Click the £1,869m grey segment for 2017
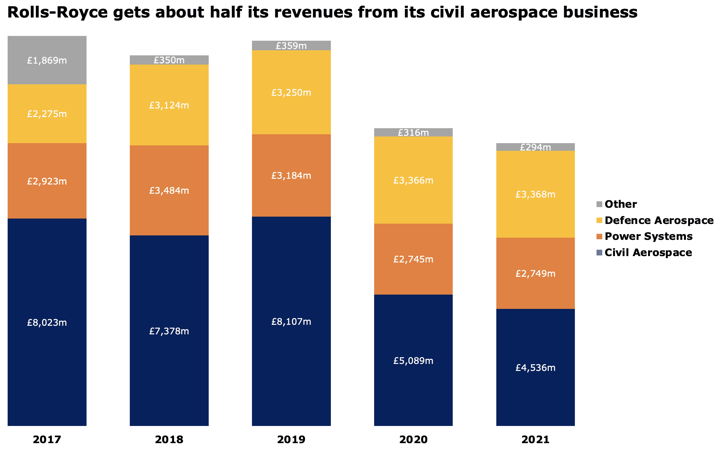(x=47, y=60)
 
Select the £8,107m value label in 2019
(x=291, y=322)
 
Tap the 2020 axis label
(x=413, y=440)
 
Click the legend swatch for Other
(x=599, y=204)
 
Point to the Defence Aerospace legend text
(x=659, y=220)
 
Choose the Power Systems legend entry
(x=648, y=236)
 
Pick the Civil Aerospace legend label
(x=648, y=253)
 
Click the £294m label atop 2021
(x=535, y=147)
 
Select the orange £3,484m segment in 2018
(x=169, y=191)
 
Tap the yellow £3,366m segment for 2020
(x=413, y=180)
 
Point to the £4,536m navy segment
(x=535, y=367)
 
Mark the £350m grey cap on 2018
(x=169, y=60)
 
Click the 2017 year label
(x=47, y=440)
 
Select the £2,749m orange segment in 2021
(x=535, y=274)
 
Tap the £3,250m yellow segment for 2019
(x=291, y=93)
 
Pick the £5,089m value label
(x=413, y=361)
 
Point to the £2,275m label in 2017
(x=47, y=114)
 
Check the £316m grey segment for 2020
(x=413, y=132)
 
